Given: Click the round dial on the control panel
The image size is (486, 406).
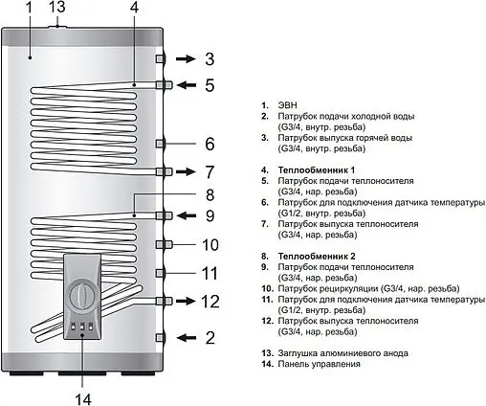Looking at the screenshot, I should click(84, 293).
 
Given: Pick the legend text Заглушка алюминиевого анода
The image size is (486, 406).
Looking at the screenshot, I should click(345, 353).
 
